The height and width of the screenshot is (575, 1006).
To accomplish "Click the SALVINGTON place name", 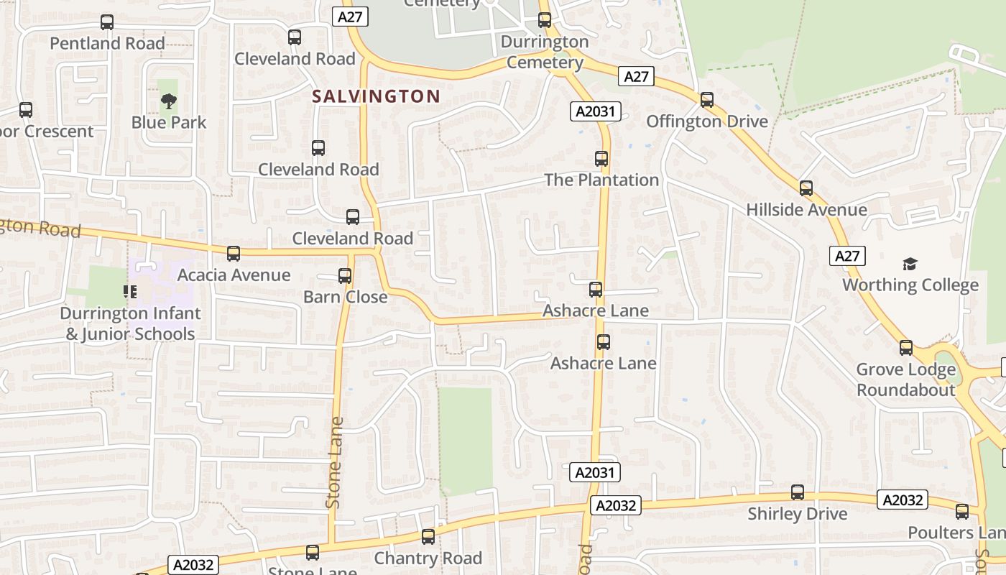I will (x=377, y=96).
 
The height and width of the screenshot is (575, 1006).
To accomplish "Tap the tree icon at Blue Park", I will (x=168, y=101).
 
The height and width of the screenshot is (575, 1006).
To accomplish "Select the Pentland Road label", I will (x=107, y=43).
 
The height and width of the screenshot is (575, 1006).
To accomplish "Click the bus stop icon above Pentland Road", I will (x=107, y=22).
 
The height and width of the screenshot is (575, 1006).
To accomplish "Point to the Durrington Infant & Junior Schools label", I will (x=130, y=324).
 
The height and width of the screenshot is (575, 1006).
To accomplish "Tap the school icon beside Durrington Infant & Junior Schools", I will (x=130, y=291).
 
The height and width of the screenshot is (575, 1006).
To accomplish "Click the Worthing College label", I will (x=910, y=285).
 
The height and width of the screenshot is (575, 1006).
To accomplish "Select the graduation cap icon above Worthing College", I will (x=910, y=264).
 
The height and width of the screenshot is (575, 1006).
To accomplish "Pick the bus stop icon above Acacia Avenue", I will (x=234, y=254).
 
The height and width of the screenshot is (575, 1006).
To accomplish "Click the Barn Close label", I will (x=345, y=297).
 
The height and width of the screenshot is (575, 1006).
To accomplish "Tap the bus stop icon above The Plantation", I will (x=601, y=159).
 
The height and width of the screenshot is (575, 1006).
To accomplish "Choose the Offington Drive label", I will (x=707, y=121).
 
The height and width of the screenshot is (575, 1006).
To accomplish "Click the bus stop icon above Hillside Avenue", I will (x=806, y=188).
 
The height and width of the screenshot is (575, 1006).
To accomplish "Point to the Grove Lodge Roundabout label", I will (x=905, y=379).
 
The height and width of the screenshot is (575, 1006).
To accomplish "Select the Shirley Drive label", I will (x=798, y=514).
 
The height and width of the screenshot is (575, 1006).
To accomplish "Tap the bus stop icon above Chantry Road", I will (x=428, y=537).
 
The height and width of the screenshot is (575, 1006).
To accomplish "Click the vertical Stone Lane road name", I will (x=334, y=463).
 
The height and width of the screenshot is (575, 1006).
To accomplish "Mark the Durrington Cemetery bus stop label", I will (x=545, y=52).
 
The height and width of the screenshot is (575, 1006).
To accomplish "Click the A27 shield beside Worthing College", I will (x=847, y=256).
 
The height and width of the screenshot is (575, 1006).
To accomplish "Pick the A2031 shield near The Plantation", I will (x=596, y=111).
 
